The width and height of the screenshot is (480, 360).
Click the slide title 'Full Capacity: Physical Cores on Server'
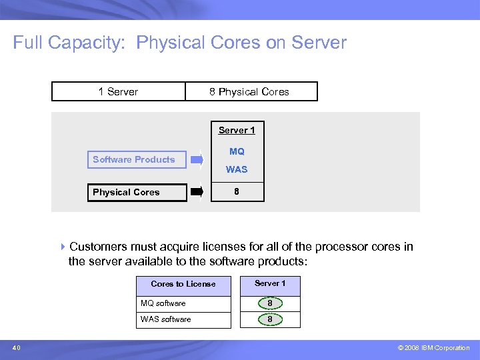click(x=180, y=43)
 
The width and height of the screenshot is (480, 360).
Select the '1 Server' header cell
click(x=118, y=91)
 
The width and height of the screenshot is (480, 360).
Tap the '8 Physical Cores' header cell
click(x=249, y=91)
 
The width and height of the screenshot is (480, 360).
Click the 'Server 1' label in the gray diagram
click(x=237, y=130)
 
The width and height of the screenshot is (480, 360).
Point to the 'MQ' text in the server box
click(x=237, y=151)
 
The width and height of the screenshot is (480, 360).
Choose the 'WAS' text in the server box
click(x=237, y=169)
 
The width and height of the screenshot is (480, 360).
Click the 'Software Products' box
click(x=134, y=159)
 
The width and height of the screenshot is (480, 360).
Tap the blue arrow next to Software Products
click(x=197, y=159)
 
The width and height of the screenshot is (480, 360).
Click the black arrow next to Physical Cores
click(x=197, y=192)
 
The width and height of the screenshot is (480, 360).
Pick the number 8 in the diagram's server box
click(x=237, y=192)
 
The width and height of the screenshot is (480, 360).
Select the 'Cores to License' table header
click(x=183, y=284)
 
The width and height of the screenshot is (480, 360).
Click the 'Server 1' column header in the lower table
click(x=270, y=283)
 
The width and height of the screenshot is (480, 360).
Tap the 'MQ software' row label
click(x=163, y=303)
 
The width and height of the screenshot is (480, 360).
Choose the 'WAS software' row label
click(x=165, y=319)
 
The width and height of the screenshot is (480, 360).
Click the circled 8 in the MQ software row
click(x=270, y=303)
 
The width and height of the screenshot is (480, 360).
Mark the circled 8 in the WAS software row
click(x=270, y=319)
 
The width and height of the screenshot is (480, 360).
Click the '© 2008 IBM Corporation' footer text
click(x=433, y=348)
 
